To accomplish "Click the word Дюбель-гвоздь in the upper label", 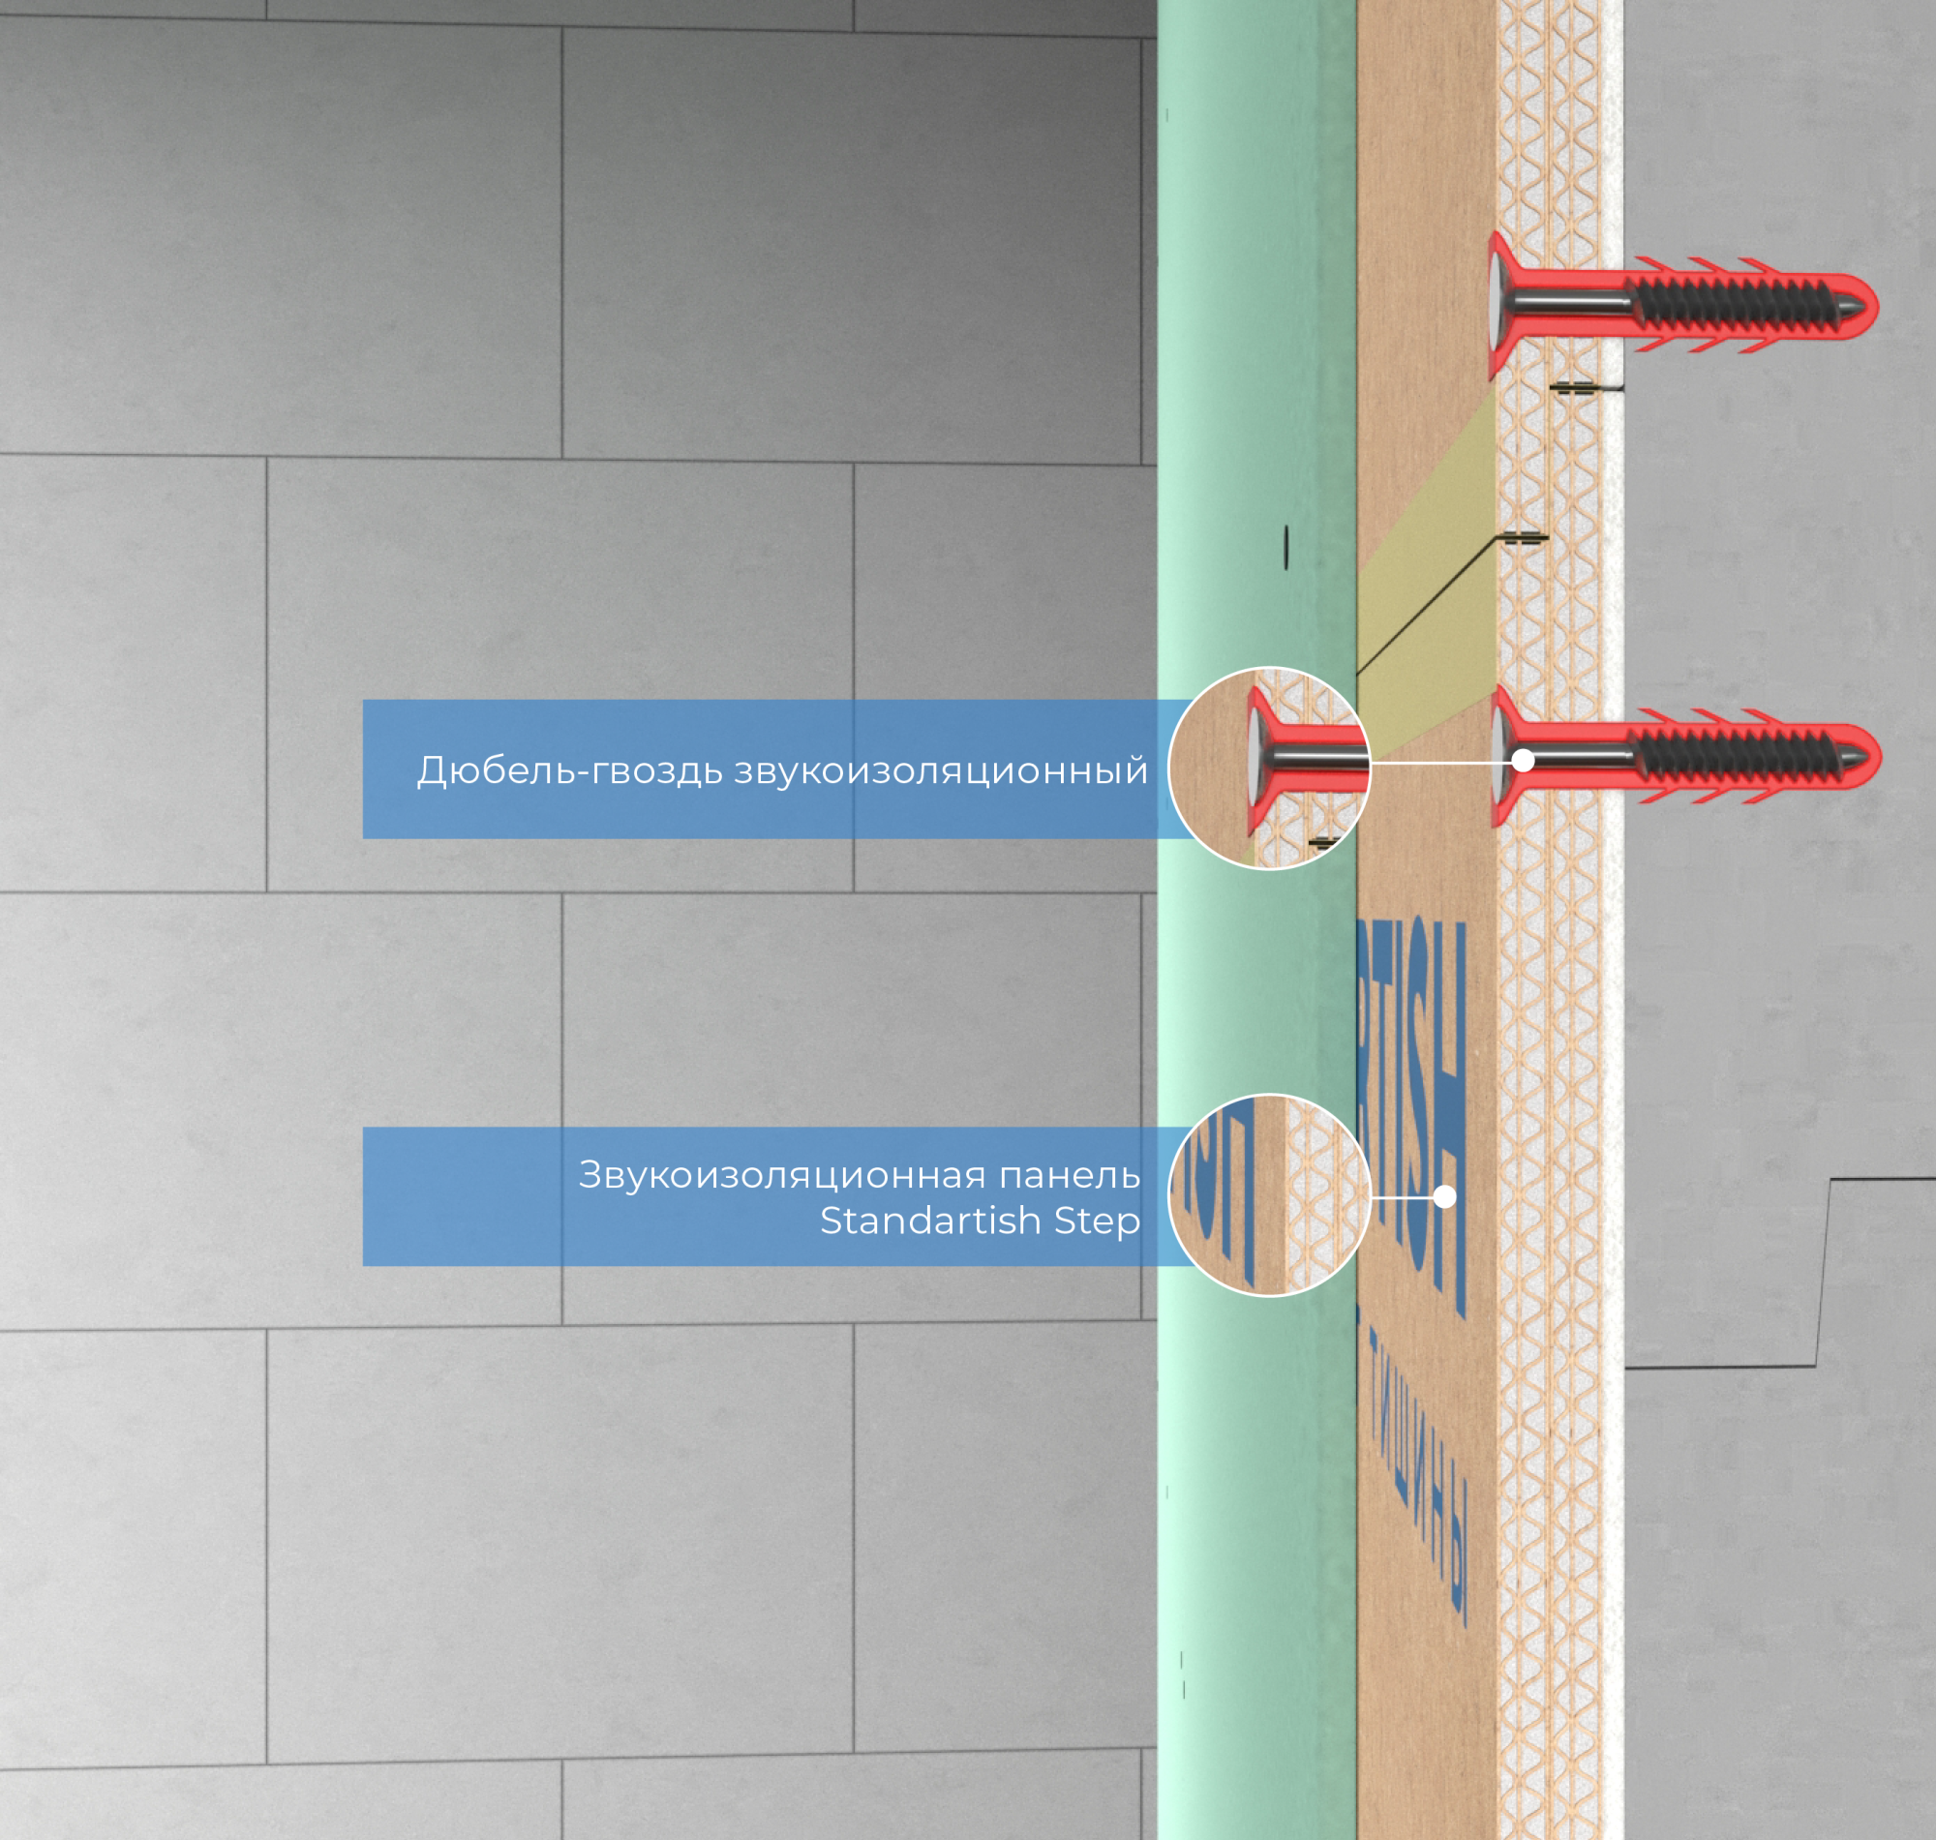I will [x=570, y=770].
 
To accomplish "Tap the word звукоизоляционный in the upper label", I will [x=941, y=770].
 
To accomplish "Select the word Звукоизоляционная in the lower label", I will [x=781, y=1174].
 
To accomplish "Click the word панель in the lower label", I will [x=1069, y=1175].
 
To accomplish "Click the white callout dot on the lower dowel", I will [x=1522, y=760].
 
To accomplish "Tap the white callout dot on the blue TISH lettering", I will [x=1443, y=1196].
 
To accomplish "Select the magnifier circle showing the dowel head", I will [x=1269, y=768].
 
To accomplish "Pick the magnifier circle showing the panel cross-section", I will [x=1269, y=1194].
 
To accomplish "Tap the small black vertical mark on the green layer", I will [x=1286, y=547].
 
